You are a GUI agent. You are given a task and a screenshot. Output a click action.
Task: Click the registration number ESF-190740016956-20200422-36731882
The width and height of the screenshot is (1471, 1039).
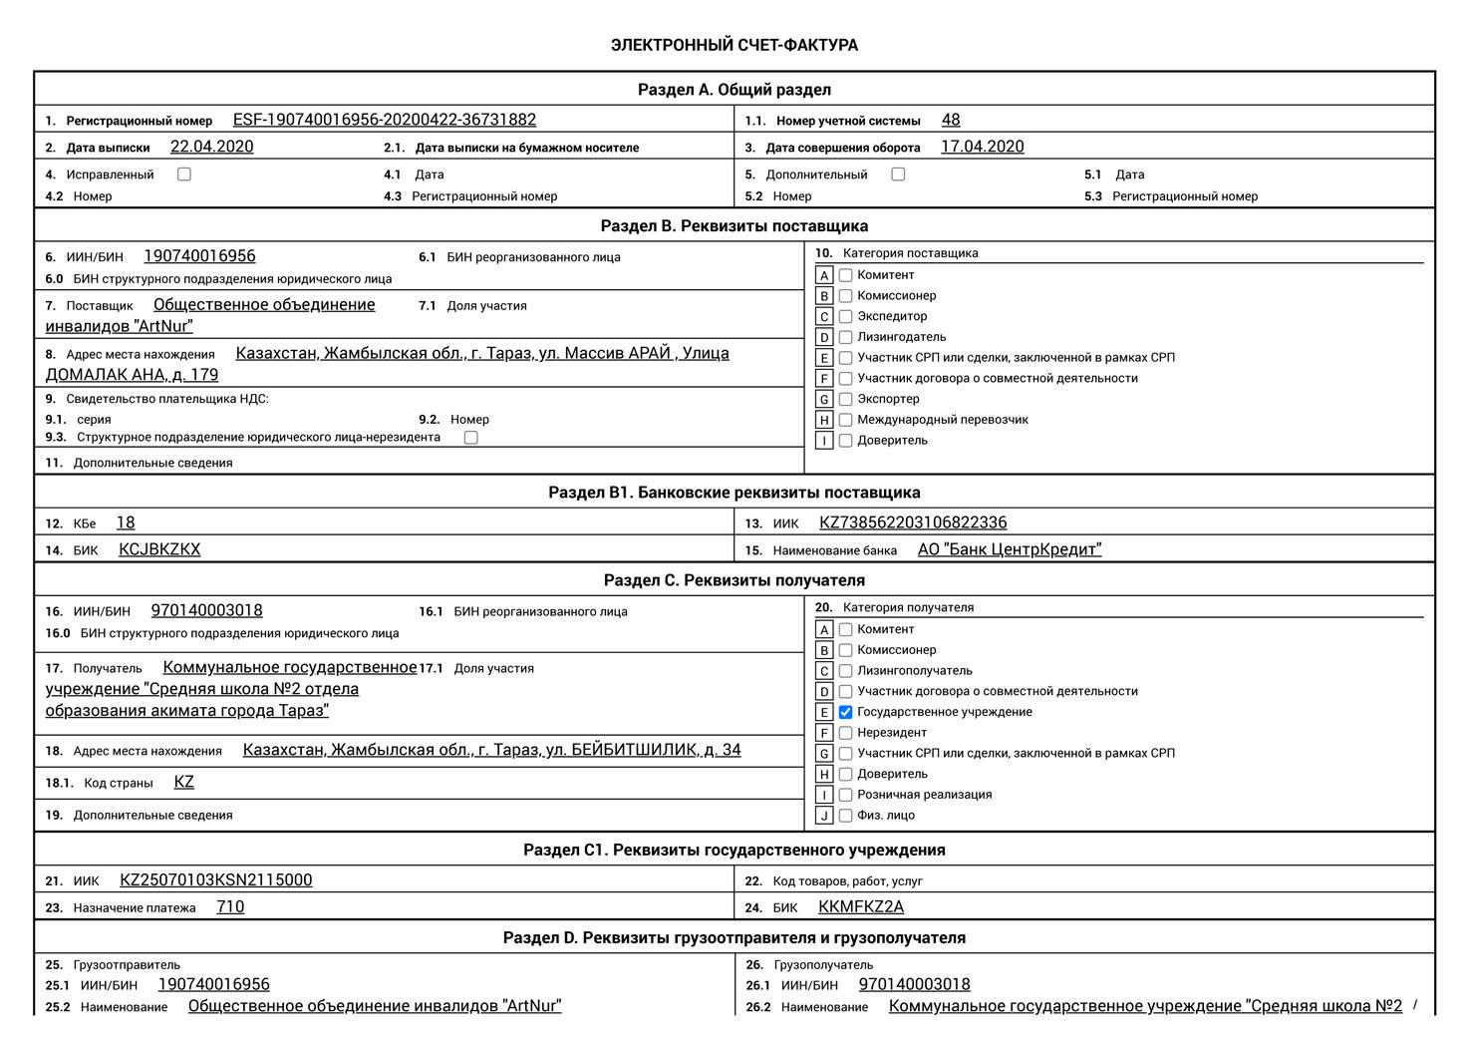click(x=384, y=120)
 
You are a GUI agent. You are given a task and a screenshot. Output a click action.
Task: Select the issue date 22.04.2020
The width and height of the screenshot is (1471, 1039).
click(x=211, y=147)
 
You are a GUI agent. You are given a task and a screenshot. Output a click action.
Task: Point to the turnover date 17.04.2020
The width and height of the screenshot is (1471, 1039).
click(x=982, y=147)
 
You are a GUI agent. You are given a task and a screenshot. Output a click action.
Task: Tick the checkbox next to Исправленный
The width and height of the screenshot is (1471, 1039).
click(x=184, y=174)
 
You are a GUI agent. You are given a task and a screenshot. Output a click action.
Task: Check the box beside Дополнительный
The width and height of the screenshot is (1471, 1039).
click(x=898, y=174)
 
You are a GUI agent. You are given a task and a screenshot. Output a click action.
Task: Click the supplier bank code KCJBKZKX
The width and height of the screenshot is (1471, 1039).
click(x=159, y=549)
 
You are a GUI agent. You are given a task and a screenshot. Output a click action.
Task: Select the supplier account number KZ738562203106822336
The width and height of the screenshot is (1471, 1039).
click(x=912, y=522)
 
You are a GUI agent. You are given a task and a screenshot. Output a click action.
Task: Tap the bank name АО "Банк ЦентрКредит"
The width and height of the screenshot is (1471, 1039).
click(x=1009, y=549)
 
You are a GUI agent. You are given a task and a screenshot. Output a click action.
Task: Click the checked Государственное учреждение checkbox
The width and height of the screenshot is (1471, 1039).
click(x=846, y=712)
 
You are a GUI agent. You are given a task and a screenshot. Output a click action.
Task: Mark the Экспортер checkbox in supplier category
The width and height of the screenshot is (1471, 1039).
click(x=846, y=399)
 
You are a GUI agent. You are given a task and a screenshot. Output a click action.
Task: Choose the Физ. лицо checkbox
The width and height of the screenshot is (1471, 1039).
click(x=846, y=816)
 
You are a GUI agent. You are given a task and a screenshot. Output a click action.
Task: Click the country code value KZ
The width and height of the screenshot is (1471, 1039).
click(x=183, y=782)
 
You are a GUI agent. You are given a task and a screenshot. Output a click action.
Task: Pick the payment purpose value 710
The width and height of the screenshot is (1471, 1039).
click(x=230, y=906)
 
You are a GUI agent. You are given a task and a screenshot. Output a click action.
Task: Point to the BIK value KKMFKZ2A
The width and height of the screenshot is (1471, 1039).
click(x=860, y=906)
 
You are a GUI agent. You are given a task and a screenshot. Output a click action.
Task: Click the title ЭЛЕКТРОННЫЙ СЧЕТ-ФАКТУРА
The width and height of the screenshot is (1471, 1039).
click(x=734, y=45)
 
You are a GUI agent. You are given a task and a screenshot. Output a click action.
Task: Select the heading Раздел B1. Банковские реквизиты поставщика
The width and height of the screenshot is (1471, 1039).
click(x=734, y=493)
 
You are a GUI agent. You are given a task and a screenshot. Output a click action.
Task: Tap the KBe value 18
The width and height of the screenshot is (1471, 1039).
click(x=126, y=522)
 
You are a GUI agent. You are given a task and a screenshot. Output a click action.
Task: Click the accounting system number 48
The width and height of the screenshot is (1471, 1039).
click(x=951, y=120)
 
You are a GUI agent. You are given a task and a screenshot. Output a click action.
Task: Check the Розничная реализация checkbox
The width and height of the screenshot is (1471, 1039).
click(x=846, y=795)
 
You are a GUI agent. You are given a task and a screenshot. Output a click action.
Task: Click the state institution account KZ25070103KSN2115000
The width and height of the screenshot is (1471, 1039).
click(x=215, y=879)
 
